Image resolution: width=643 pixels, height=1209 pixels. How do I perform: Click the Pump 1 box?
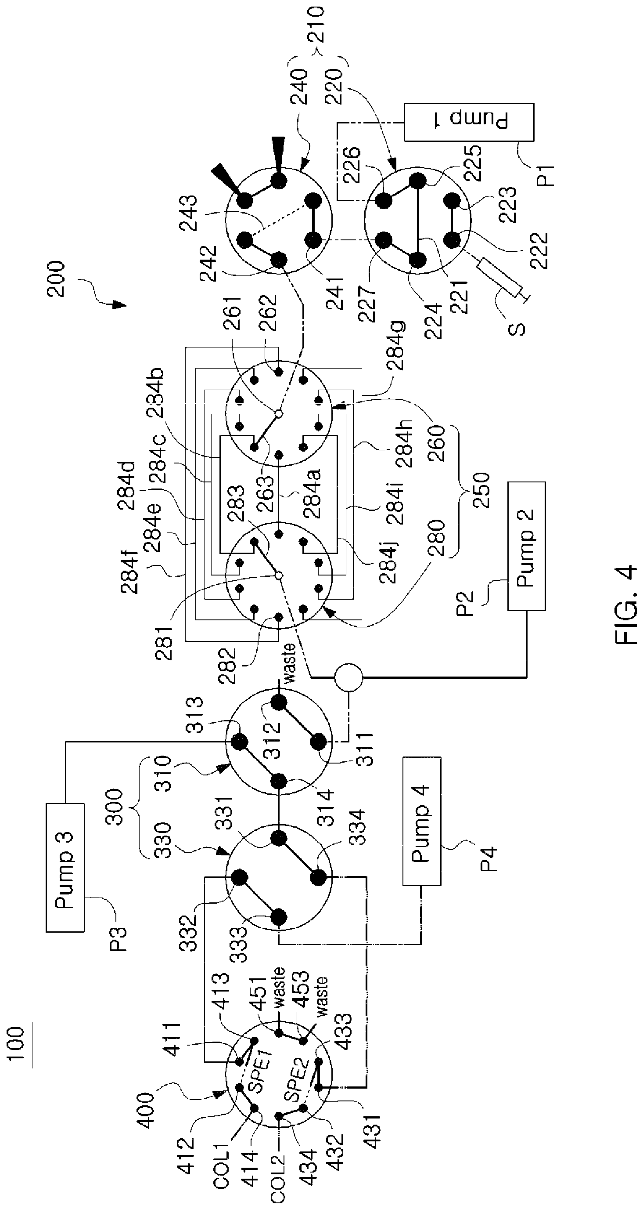click(469, 122)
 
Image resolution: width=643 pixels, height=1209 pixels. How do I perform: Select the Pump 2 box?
click(526, 546)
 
